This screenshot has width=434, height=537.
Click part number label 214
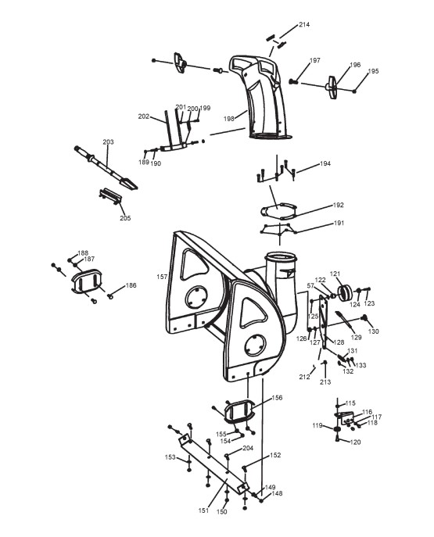tap(304, 25)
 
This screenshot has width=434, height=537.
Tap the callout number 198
tap(229, 119)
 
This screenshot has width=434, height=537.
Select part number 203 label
tap(108, 141)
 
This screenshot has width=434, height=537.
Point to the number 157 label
tap(162, 277)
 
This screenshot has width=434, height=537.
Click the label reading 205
tap(125, 218)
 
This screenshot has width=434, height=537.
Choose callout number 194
tap(325, 163)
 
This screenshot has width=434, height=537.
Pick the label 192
tap(338, 205)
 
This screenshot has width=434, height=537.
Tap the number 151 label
tap(203, 510)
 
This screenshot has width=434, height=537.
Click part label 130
tap(373, 331)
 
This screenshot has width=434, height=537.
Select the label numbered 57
tap(310, 285)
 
